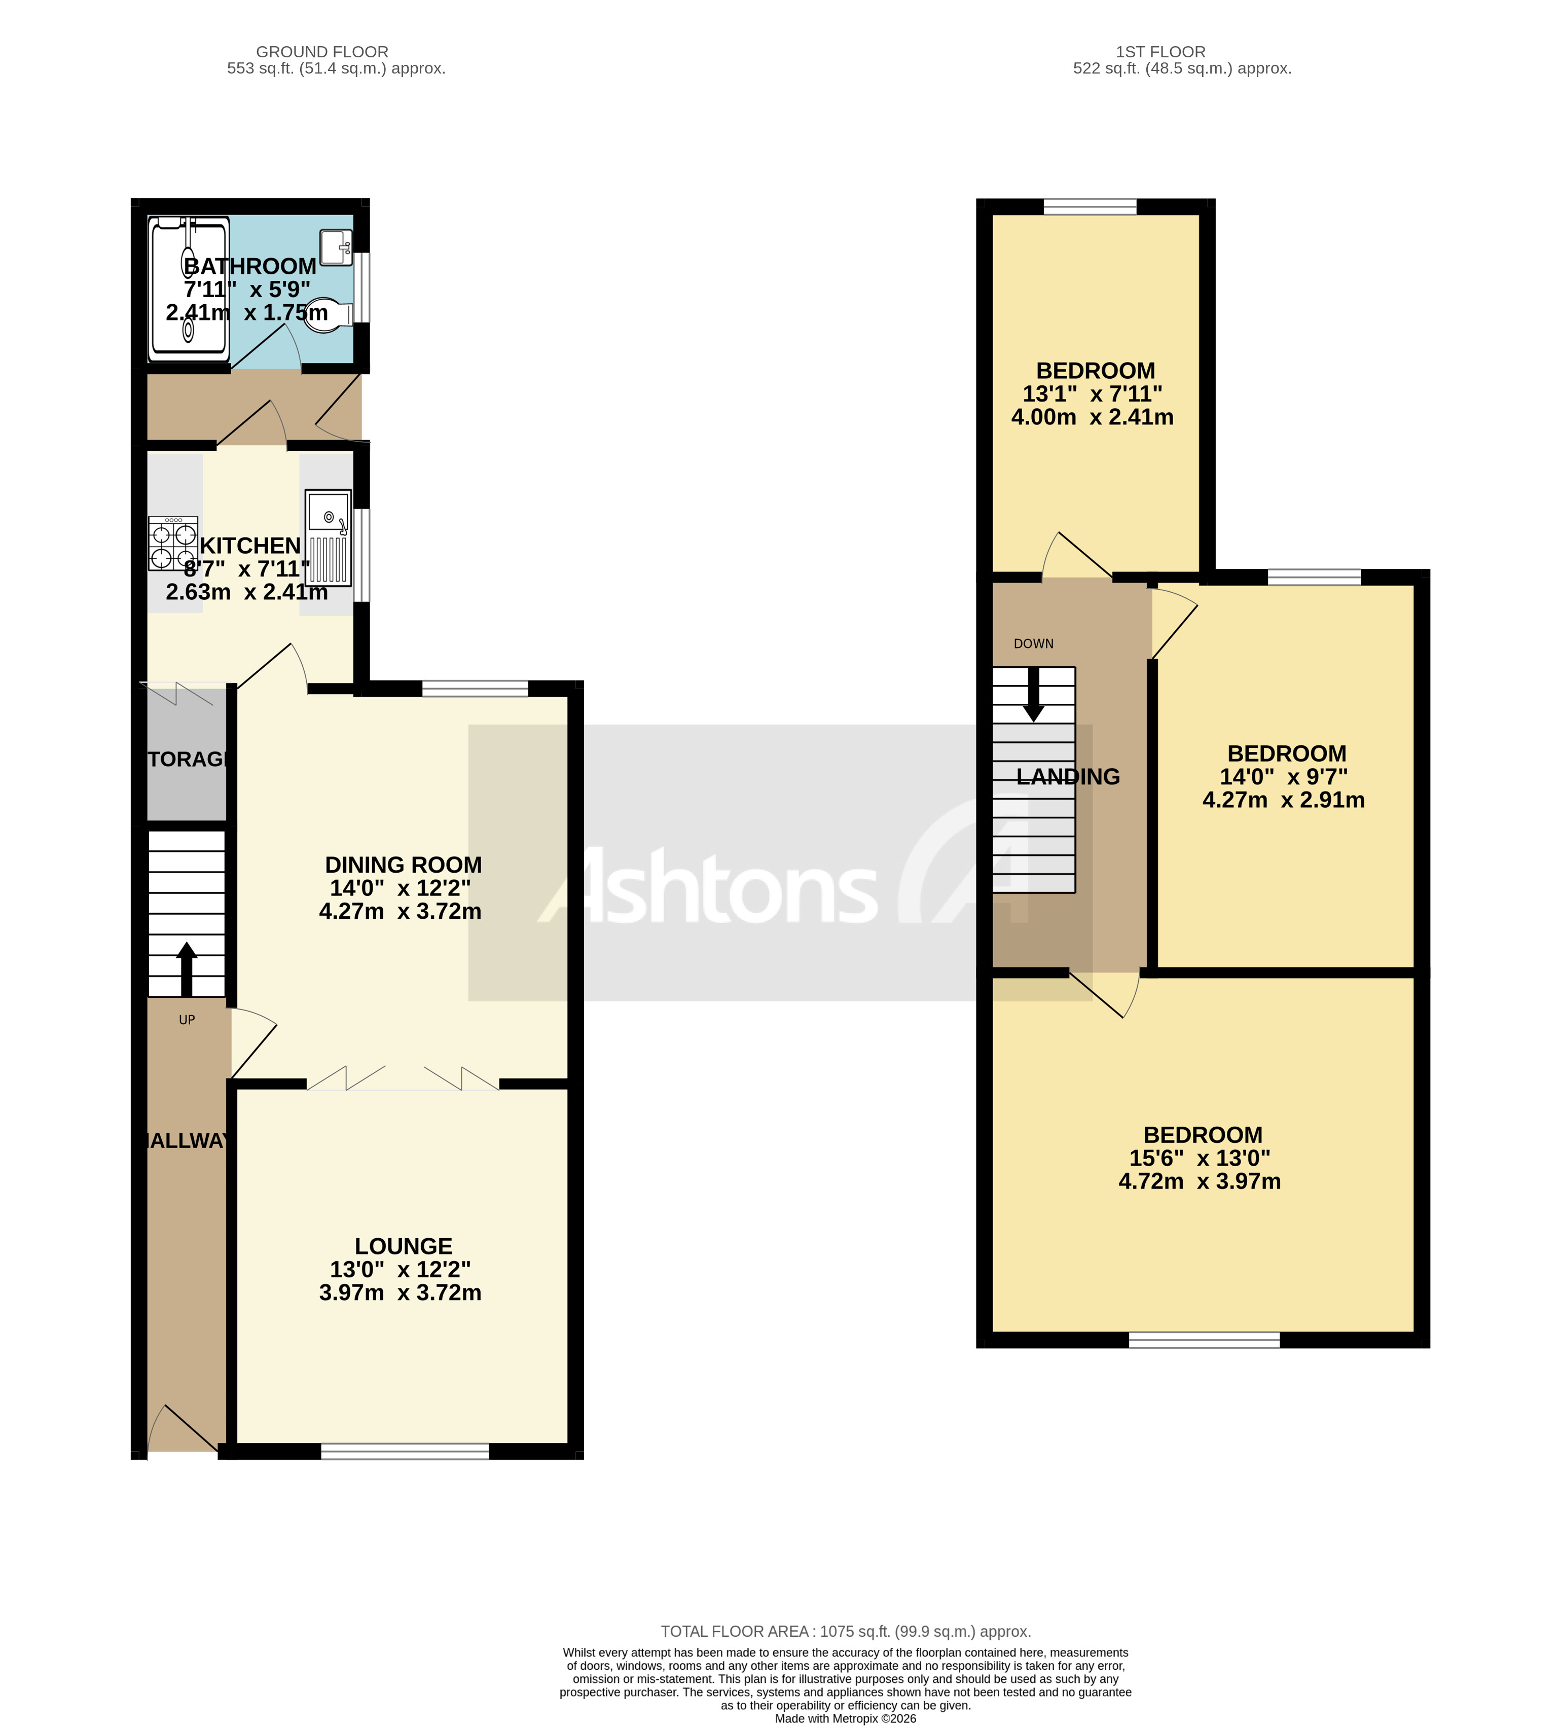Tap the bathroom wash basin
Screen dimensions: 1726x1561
[336, 246]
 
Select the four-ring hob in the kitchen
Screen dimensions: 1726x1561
[173, 544]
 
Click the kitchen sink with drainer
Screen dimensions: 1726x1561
[329, 537]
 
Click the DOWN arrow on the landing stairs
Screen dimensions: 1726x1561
[1033, 694]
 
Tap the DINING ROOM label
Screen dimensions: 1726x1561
[403, 865]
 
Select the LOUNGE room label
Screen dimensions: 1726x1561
[403, 1246]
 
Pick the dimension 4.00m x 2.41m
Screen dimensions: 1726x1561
[1092, 417]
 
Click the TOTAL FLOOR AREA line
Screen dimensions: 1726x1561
[845, 1632]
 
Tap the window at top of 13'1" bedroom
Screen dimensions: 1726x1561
[1090, 206]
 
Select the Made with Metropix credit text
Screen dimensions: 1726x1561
[845, 1718]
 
